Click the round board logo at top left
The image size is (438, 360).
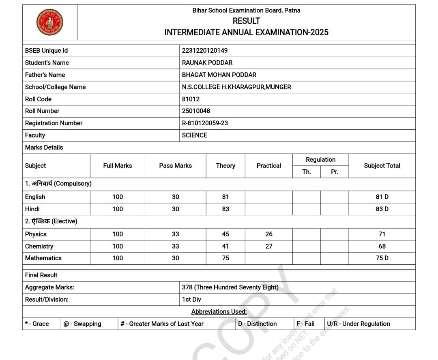49,22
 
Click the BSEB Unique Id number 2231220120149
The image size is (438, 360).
205,51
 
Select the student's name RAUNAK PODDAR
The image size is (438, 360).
207,63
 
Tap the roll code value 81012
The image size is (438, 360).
191,99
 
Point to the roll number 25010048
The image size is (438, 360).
196,111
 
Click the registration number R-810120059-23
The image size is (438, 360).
205,123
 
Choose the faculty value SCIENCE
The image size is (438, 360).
194,135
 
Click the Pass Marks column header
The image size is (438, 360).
175,165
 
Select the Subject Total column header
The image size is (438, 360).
382,165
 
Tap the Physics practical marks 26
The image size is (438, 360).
268,234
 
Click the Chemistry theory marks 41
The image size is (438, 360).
225,246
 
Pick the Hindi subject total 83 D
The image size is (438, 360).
382,209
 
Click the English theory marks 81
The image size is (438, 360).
225,197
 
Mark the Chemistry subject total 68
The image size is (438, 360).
382,246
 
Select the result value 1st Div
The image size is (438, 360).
191,299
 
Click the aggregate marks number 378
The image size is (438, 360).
187,287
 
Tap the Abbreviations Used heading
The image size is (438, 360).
219,311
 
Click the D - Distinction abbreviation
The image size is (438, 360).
257,324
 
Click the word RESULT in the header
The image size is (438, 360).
246,21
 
